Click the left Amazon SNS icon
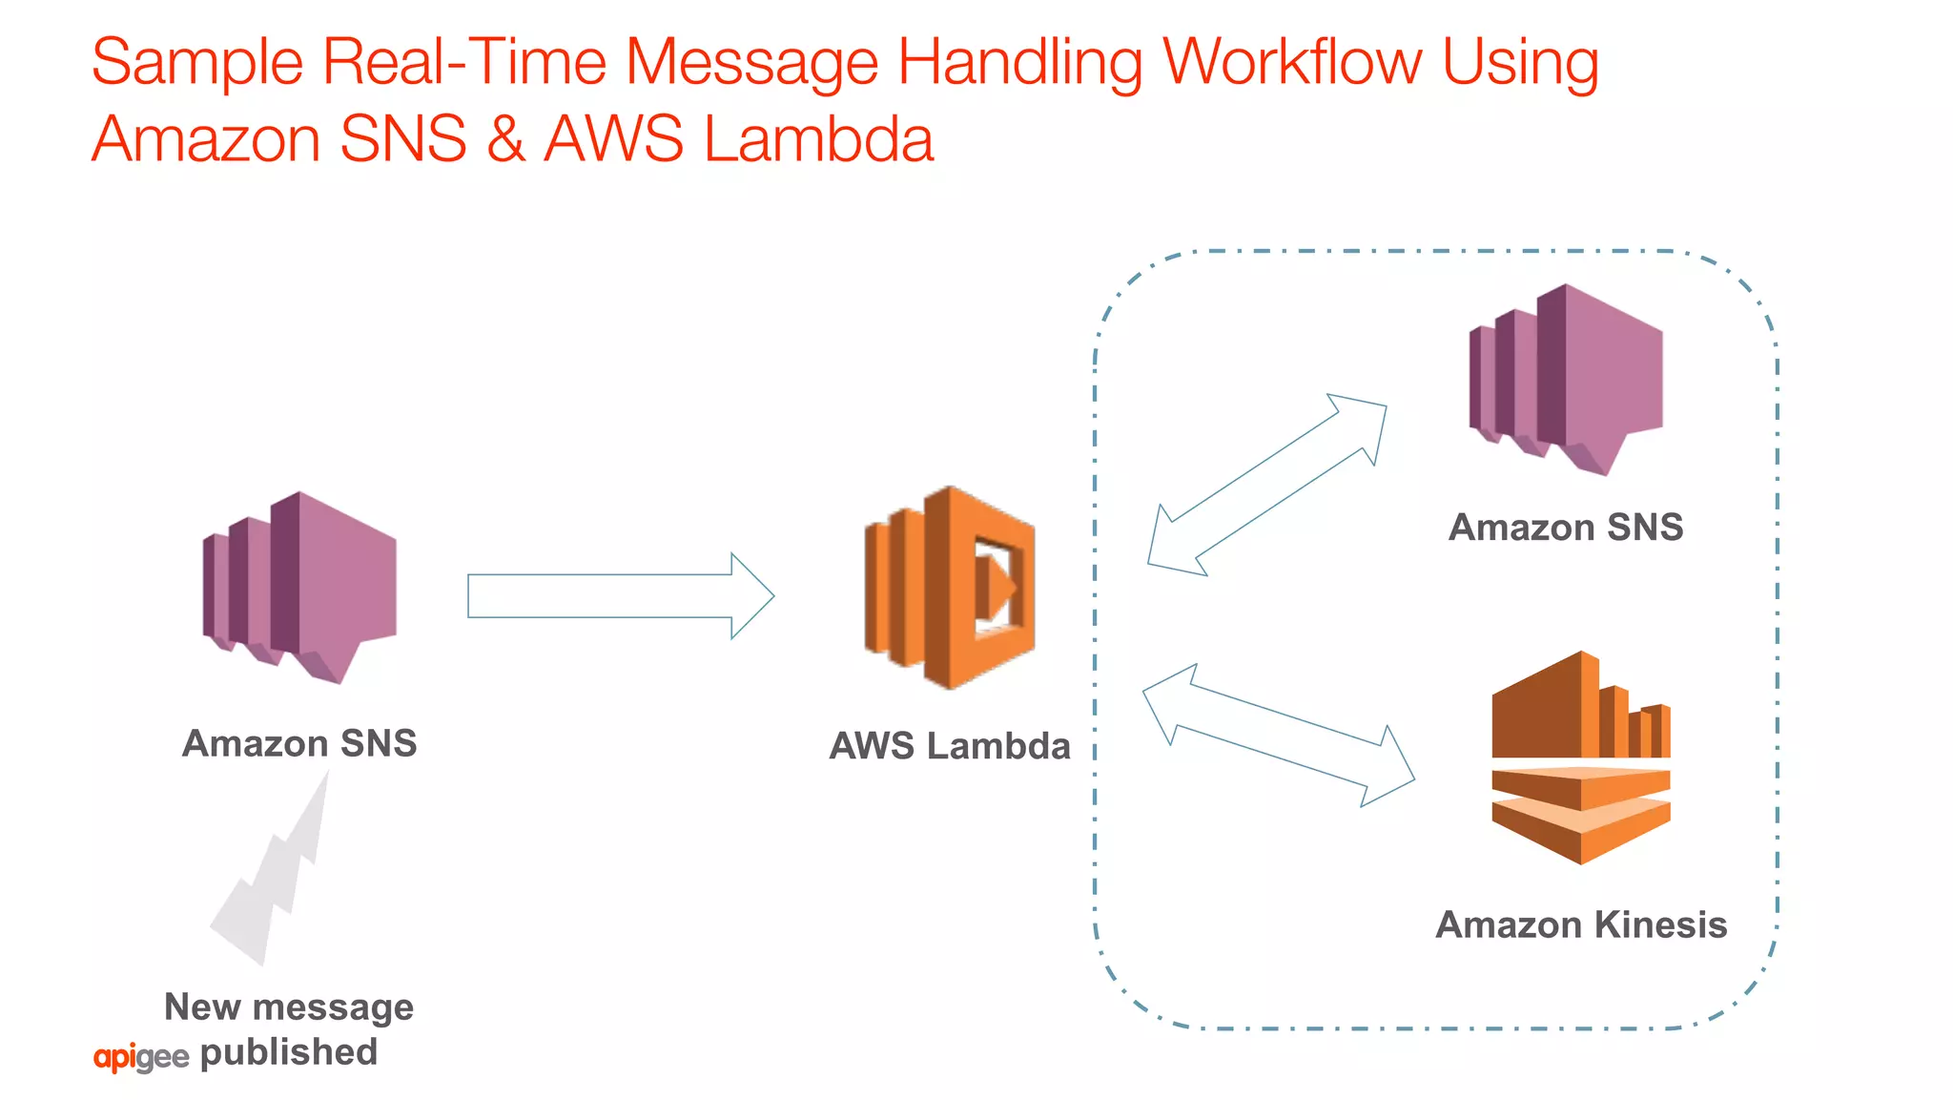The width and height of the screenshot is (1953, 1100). pos(299,587)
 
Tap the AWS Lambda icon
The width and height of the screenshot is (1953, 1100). pos(950,588)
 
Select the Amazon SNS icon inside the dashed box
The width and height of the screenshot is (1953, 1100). pos(1566,379)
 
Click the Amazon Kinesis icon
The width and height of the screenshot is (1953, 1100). pos(1581,758)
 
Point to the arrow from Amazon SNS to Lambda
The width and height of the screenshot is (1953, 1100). pos(620,596)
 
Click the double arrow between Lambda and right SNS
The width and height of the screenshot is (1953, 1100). pos(1266,485)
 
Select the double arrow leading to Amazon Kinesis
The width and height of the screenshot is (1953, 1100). pos(1278,736)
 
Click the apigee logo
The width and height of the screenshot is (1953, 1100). pos(141,1057)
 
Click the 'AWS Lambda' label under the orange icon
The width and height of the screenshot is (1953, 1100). pos(950,746)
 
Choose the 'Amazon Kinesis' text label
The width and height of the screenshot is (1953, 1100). pos(1581,924)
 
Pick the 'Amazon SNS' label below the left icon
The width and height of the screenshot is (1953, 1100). pos(299,743)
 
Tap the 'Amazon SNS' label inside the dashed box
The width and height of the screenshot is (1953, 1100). pos(1566,528)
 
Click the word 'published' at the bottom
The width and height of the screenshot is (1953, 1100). pos(289,1052)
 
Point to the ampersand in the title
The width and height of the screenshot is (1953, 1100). pos(505,139)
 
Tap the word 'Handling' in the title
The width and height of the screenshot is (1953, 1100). pos(1019,64)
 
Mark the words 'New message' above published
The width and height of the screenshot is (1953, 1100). pos(289,1007)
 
